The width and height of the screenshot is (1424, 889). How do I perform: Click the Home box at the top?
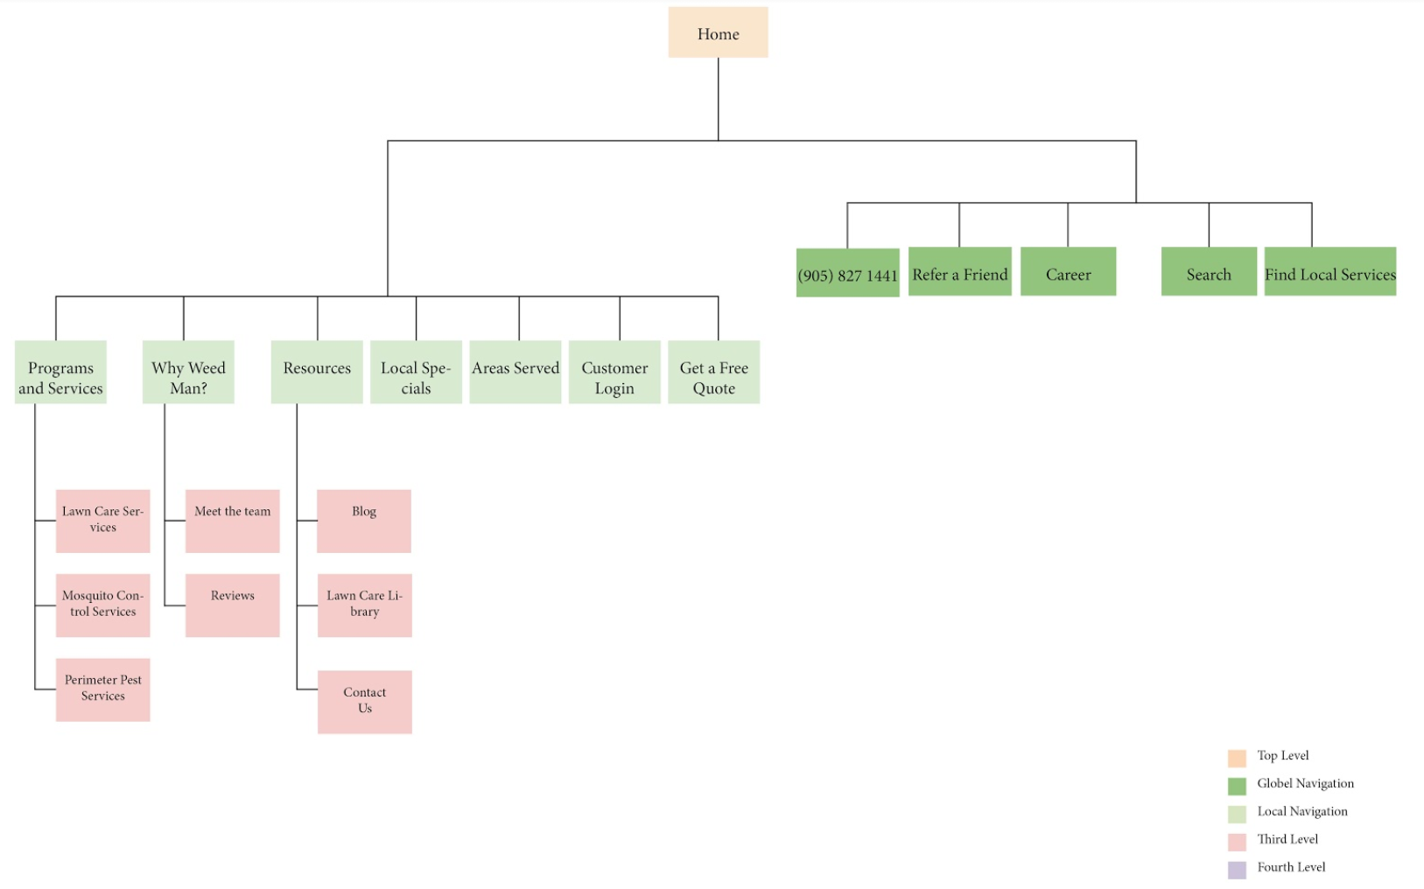click(x=718, y=33)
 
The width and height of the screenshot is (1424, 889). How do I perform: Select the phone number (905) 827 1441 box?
click(x=847, y=273)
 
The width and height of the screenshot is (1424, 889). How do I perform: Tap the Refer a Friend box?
click(x=959, y=272)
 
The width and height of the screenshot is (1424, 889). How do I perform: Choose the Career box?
click(x=1068, y=272)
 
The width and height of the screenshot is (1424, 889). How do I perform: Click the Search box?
click(x=1209, y=272)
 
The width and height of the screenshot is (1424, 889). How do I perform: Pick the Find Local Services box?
click(x=1329, y=272)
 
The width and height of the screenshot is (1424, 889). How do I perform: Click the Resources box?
click(x=317, y=373)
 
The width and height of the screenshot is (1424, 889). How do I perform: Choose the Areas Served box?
click(x=516, y=373)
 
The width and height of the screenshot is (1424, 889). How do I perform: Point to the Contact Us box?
click(x=364, y=702)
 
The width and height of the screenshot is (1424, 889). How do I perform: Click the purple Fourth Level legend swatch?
click(x=1237, y=870)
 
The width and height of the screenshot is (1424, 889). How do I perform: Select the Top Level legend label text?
click(x=1283, y=755)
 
